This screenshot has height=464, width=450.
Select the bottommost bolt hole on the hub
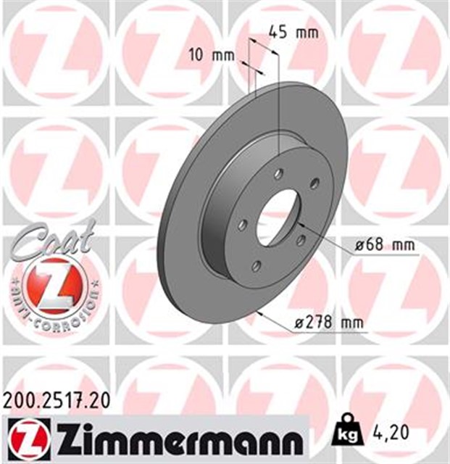coord(256,267)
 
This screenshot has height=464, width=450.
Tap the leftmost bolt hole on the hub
coord(243,223)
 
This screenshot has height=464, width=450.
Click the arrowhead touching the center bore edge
coord(299,226)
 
